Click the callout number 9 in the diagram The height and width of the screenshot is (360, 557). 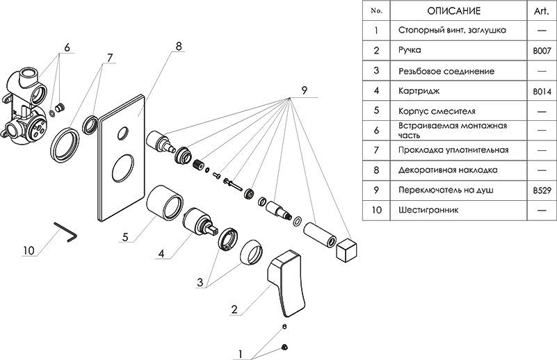point(303,90)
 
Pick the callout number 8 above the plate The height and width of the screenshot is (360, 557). point(178,46)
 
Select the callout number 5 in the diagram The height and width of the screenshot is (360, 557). point(126,236)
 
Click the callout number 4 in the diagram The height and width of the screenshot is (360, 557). point(161,254)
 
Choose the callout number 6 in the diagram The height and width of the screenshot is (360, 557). point(67,47)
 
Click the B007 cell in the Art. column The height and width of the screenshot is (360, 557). point(541,51)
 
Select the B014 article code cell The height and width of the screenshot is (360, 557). point(541,90)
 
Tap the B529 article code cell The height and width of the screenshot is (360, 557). point(541,189)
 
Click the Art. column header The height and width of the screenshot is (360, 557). point(541,11)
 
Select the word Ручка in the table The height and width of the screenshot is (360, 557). point(412,51)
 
